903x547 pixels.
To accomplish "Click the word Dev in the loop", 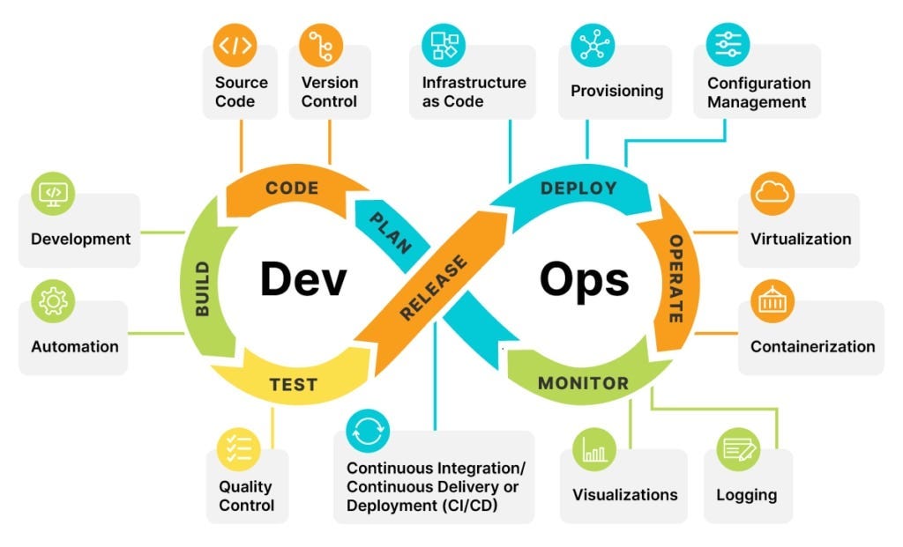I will tap(303, 279).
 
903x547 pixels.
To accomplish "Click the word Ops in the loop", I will tap(585, 279).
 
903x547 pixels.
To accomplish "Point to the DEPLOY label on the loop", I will tap(578, 188).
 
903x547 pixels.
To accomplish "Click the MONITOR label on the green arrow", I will tap(583, 383).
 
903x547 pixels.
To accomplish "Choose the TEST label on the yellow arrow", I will tap(293, 385).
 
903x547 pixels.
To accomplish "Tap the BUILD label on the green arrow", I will tap(203, 288).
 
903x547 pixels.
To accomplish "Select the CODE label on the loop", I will tap(292, 188).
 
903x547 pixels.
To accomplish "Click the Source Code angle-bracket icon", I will tap(235, 45).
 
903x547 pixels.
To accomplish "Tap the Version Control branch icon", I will tap(321, 45).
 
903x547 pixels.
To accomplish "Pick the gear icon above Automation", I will tap(53, 302).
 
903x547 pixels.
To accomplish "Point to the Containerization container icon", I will tap(772, 302).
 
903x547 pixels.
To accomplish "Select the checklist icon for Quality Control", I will tap(240, 448).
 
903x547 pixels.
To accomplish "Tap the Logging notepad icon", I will tap(738, 448).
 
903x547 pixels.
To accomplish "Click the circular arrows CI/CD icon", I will tap(367, 431).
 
